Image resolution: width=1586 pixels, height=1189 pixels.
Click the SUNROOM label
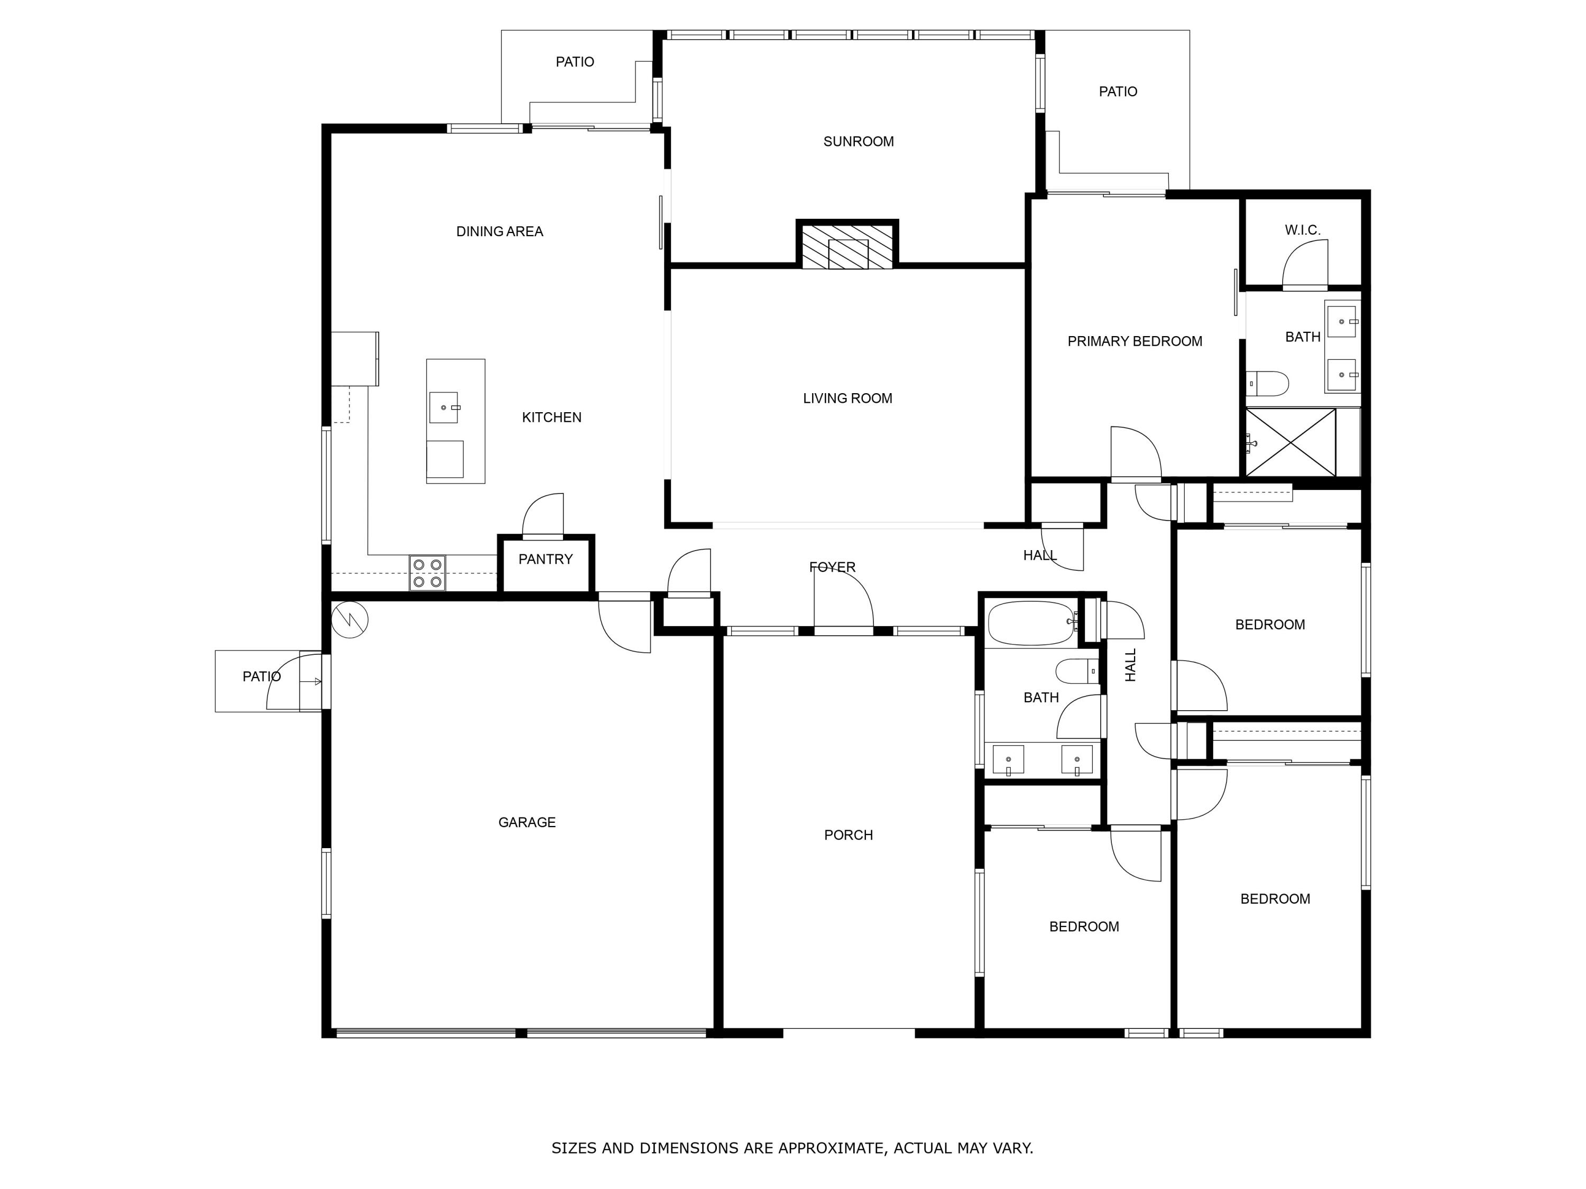coord(858,141)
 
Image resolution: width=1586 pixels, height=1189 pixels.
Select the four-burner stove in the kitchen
coord(427,573)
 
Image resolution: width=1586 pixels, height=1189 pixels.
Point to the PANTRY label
coord(546,559)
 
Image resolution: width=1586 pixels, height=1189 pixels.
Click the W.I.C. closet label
coord(1302,230)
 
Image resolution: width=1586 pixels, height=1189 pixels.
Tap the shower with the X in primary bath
coord(1290,442)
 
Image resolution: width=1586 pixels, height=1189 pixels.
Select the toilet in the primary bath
coord(1268,383)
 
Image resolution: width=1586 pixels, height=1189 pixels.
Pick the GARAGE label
coord(527,822)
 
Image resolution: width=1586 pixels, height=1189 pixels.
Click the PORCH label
coord(848,835)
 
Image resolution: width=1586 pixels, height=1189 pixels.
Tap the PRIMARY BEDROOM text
coord(1135,341)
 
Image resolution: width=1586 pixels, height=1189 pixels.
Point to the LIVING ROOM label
coord(847,398)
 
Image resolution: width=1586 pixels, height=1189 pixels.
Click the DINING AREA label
coord(500,231)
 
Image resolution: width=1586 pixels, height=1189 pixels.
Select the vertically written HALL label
coord(1131,665)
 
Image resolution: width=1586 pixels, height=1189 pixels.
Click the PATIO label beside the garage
coord(261,676)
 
